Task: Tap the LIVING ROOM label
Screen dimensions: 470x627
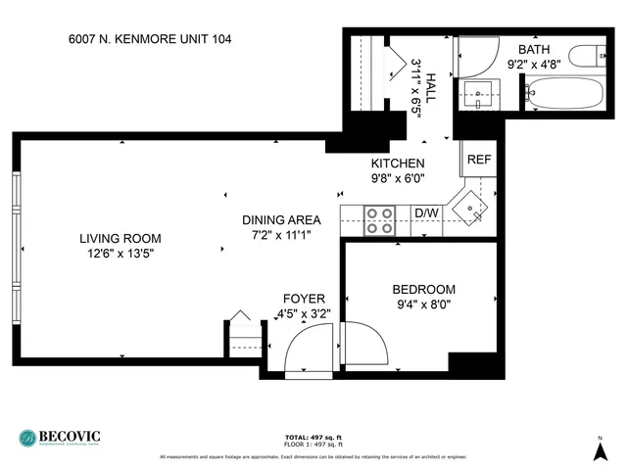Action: pyautogui.click(x=121, y=238)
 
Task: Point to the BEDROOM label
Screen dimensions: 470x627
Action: pyautogui.click(x=423, y=289)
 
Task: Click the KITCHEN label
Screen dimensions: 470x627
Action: pyautogui.click(x=397, y=164)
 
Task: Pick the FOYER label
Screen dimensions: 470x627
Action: pyautogui.click(x=304, y=299)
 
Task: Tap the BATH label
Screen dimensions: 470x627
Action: pyautogui.click(x=534, y=49)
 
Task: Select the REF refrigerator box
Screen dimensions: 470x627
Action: pyautogui.click(x=478, y=160)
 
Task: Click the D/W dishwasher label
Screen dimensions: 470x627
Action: pyautogui.click(x=426, y=212)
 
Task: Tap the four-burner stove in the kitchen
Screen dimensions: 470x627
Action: pyautogui.click(x=380, y=221)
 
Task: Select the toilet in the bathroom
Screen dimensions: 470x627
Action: pyautogui.click(x=591, y=55)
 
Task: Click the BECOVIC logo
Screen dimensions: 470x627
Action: pyautogui.click(x=60, y=438)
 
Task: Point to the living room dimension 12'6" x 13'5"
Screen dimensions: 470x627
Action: pyautogui.click(x=121, y=253)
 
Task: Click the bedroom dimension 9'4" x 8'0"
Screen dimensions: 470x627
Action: pyautogui.click(x=423, y=304)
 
